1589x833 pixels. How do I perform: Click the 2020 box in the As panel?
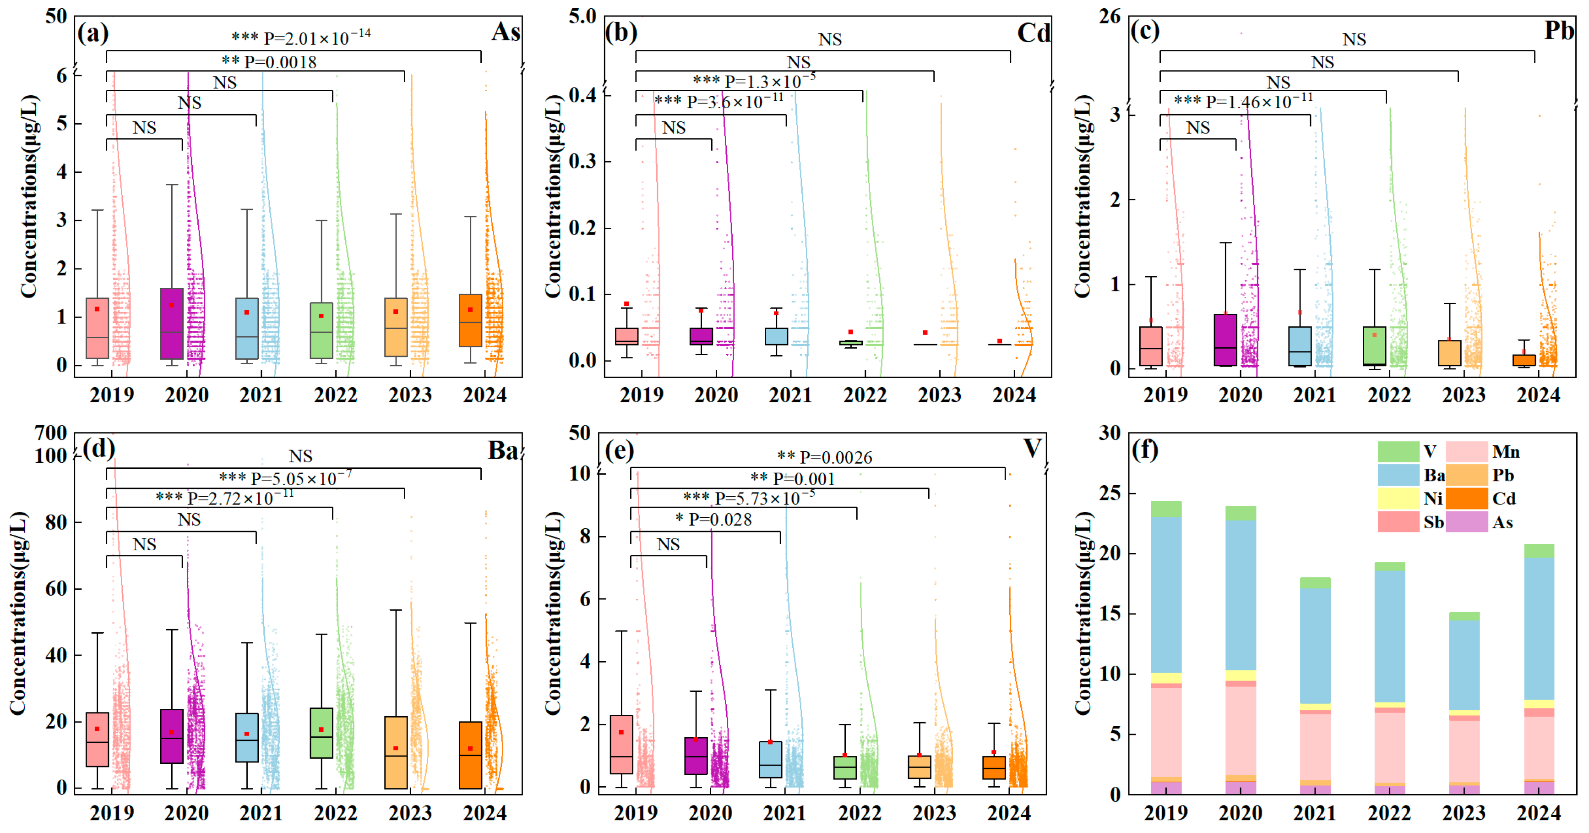171,323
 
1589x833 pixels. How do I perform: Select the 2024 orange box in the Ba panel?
471,755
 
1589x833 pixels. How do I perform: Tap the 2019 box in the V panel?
621,744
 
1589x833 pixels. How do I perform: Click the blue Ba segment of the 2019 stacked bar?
1165,594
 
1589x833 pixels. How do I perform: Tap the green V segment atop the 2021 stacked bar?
1315,582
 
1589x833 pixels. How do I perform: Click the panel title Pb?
1558,31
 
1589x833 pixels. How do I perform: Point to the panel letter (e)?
619,450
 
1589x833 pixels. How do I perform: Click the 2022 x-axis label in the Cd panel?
865,395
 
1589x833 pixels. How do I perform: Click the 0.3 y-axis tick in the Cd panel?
583,162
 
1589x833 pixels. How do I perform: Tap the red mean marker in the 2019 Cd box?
627,304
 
